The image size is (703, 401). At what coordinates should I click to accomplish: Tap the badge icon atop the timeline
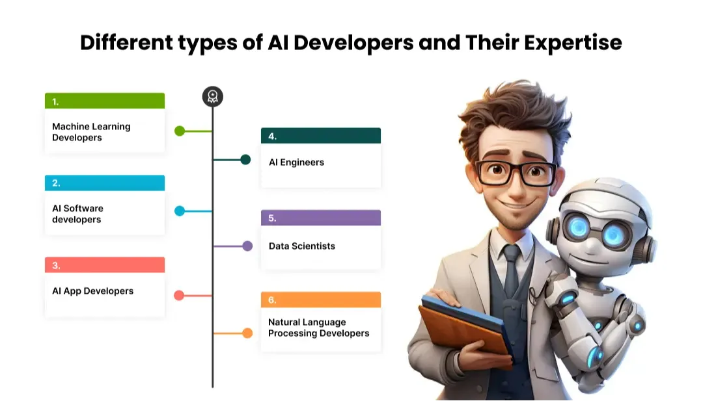click(212, 97)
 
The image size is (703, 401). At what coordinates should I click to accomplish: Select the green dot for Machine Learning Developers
click(180, 131)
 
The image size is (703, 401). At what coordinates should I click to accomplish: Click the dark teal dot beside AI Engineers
click(245, 160)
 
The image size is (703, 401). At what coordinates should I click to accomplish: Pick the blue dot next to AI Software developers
click(180, 211)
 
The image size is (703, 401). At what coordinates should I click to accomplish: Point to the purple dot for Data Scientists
click(247, 246)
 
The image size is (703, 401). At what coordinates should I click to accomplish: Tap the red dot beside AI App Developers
click(179, 296)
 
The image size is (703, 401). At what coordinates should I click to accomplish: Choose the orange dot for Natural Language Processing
click(247, 333)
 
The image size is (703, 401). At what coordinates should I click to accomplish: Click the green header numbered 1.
click(104, 101)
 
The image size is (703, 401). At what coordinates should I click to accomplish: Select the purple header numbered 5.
click(320, 218)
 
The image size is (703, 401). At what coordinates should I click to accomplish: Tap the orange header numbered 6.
click(320, 300)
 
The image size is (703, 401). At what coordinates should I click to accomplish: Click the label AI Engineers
click(296, 162)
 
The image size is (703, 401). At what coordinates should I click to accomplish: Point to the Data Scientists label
click(302, 246)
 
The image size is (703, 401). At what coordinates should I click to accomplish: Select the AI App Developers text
click(92, 291)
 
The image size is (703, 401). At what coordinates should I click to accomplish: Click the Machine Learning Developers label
click(91, 132)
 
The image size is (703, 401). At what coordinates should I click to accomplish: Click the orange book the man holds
click(462, 331)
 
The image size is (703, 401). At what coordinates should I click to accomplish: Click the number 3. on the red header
click(56, 265)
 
